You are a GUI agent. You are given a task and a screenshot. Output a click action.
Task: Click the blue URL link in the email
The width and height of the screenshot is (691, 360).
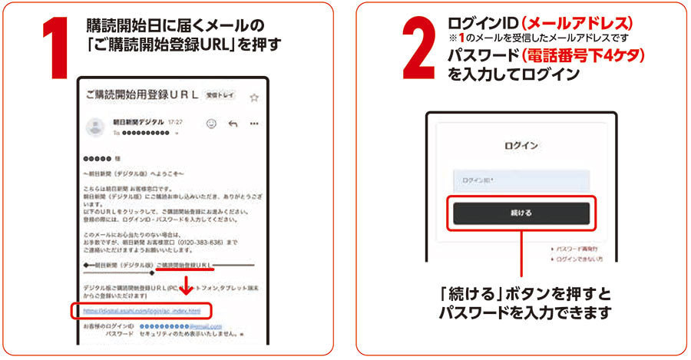tap(142, 311)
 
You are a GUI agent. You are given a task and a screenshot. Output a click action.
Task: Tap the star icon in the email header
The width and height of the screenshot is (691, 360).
tap(254, 97)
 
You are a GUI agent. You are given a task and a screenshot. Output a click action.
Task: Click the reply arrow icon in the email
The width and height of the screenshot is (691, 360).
tap(233, 124)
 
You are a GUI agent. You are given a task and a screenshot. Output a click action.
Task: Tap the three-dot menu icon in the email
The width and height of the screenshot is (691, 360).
tap(254, 124)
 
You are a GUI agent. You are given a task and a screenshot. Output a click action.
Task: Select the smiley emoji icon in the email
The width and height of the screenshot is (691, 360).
tap(211, 124)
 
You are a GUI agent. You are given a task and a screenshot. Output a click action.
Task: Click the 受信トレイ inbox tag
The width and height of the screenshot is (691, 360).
tap(220, 96)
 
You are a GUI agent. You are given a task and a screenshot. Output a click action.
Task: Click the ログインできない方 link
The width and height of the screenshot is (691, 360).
tap(580, 260)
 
